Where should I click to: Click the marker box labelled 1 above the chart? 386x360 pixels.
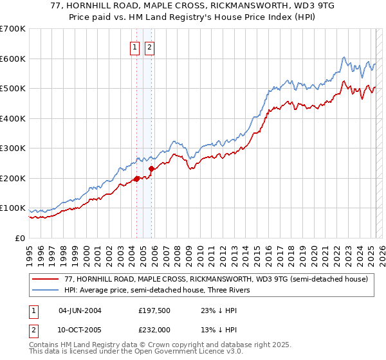(135, 47)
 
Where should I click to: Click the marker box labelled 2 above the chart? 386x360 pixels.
(149, 47)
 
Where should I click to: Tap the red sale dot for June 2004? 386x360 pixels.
(136, 179)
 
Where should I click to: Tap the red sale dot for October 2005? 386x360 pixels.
(151, 168)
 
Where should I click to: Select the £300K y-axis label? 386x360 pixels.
(13, 148)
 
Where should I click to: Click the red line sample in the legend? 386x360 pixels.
(46, 279)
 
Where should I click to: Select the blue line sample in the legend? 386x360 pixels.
(46, 290)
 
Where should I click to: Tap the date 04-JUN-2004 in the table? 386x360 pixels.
(80, 310)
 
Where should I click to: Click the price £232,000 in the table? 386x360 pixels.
(154, 328)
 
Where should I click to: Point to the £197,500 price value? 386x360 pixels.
(154, 310)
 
